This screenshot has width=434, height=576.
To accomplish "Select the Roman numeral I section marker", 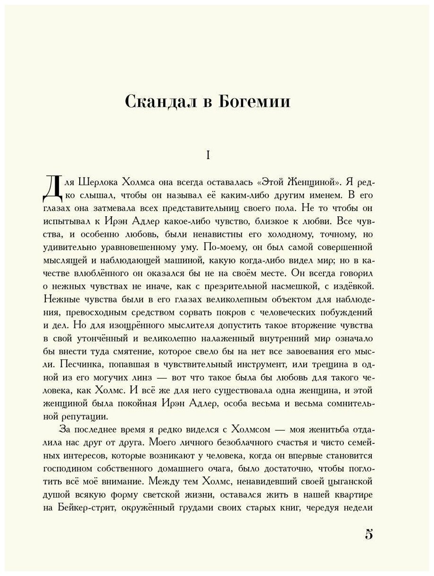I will pyautogui.click(x=208, y=155).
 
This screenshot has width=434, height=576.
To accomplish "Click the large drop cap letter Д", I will pyautogui.click(x=51, y=187).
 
